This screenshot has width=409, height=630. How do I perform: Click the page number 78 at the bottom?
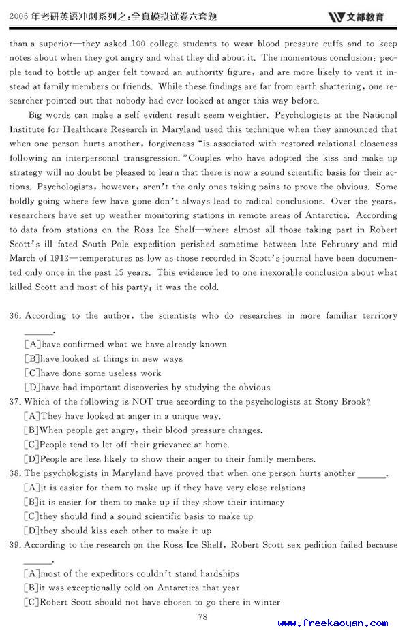pos(202,617)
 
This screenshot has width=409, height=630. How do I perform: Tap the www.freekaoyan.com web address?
pos(332,623)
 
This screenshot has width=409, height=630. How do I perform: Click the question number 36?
pos(17,316)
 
